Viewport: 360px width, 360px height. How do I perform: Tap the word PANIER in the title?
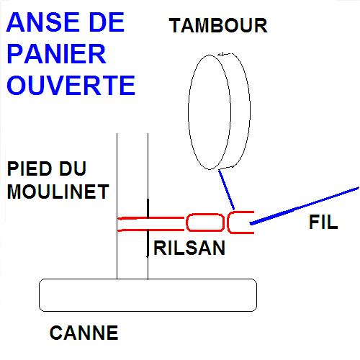57,53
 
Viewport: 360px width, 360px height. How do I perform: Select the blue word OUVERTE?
71,85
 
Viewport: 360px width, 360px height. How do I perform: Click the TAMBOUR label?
218,26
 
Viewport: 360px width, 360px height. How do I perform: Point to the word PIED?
30,168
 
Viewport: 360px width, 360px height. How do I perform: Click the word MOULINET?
58,192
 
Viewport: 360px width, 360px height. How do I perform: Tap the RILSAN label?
189,248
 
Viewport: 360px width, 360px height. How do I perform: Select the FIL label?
323,222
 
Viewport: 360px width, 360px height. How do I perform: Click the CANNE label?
84,333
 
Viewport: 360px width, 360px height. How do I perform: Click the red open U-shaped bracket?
228,222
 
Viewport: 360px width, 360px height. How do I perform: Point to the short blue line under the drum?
226,189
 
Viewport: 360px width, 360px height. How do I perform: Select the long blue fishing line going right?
305,206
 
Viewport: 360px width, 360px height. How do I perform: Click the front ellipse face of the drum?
189,112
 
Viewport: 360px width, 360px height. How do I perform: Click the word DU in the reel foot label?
73,168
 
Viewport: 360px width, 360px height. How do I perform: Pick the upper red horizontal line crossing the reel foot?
151,218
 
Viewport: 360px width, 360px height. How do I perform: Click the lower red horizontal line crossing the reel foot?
151,230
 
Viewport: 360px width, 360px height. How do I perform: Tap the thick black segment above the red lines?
148,208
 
